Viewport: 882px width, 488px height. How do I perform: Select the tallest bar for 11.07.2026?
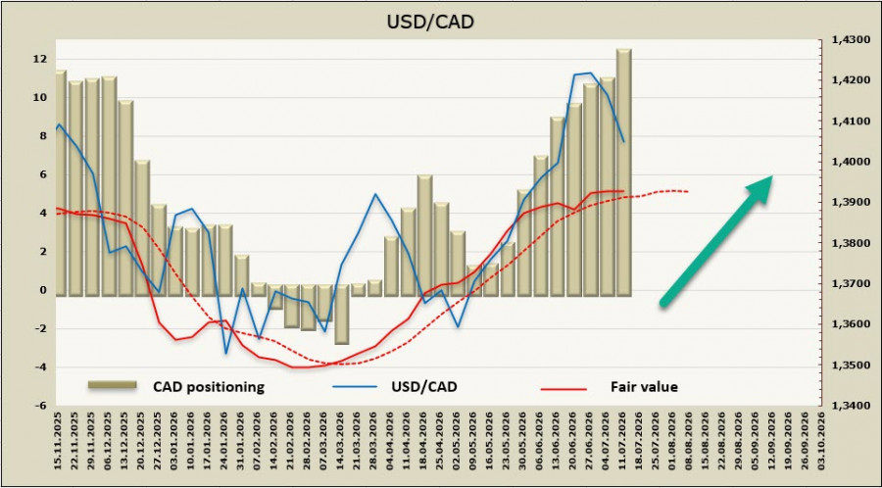624,172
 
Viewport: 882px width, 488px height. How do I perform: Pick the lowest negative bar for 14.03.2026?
341,315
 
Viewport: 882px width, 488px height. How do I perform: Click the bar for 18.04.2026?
424,235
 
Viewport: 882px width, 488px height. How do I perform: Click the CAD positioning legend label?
209,387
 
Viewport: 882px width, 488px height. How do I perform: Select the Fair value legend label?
644,387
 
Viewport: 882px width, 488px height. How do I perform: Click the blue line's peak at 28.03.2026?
375,194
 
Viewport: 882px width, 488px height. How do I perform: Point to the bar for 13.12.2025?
126,198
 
